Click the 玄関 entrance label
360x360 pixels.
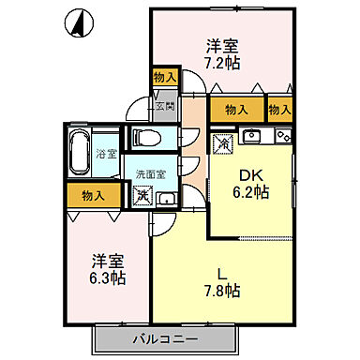(165, 106)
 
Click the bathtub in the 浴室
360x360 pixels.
(80, 151)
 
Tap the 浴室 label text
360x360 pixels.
(106, 153)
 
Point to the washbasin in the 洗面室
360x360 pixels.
(165, 198)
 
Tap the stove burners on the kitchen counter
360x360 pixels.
(281, 137)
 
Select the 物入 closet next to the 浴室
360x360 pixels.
(93, 196)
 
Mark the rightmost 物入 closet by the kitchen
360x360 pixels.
(279, 110)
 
